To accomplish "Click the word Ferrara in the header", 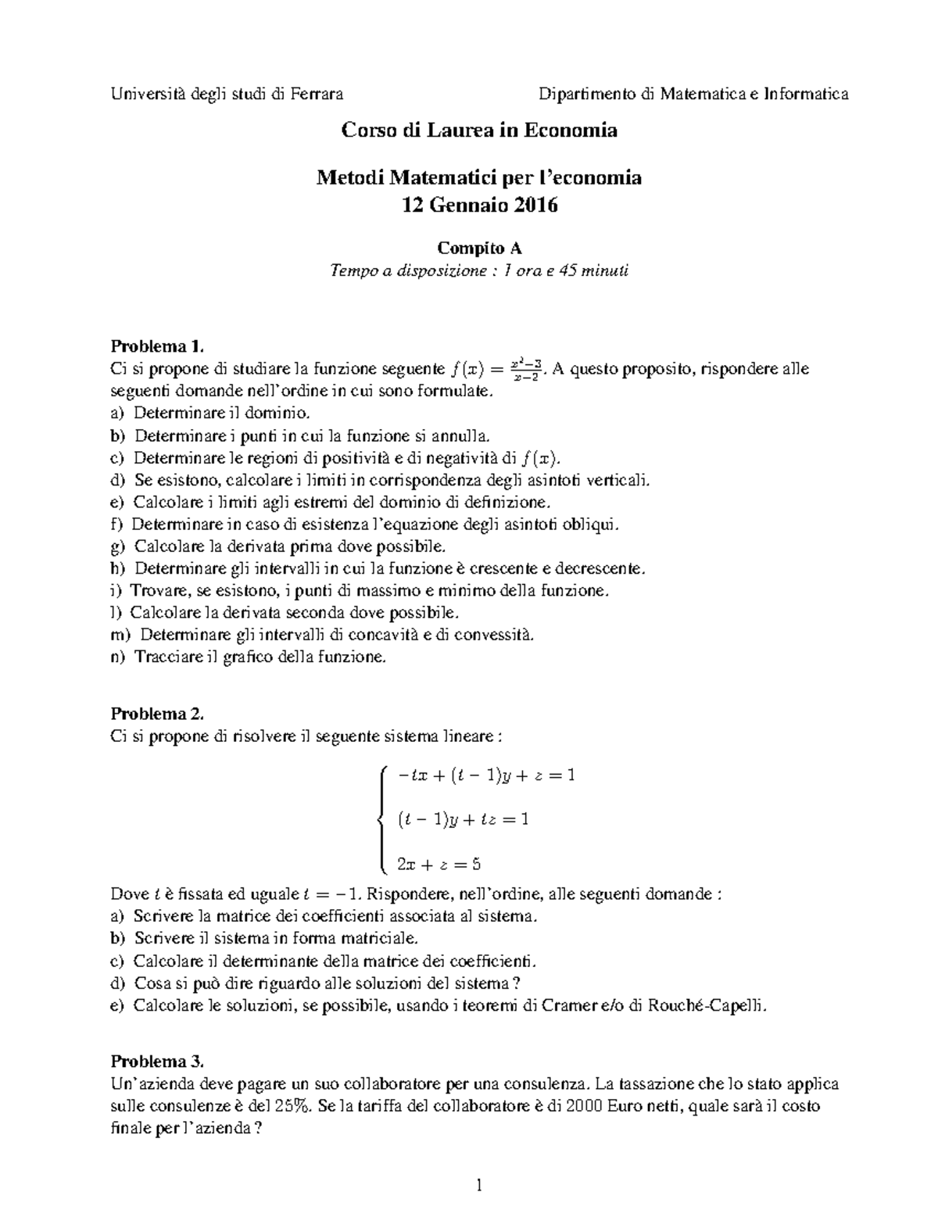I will point(317,95).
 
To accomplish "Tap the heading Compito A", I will point(479,249).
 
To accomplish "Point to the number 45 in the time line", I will point(559,271).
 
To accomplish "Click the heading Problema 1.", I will point(157,346).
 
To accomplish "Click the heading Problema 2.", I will point(157,714).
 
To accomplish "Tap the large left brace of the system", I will point(381,819).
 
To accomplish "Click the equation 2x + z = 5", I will point(439,864).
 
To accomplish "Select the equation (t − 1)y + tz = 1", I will point(463,819).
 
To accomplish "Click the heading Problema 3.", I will point(157,1062).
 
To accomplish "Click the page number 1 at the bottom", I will point(479,1186).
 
